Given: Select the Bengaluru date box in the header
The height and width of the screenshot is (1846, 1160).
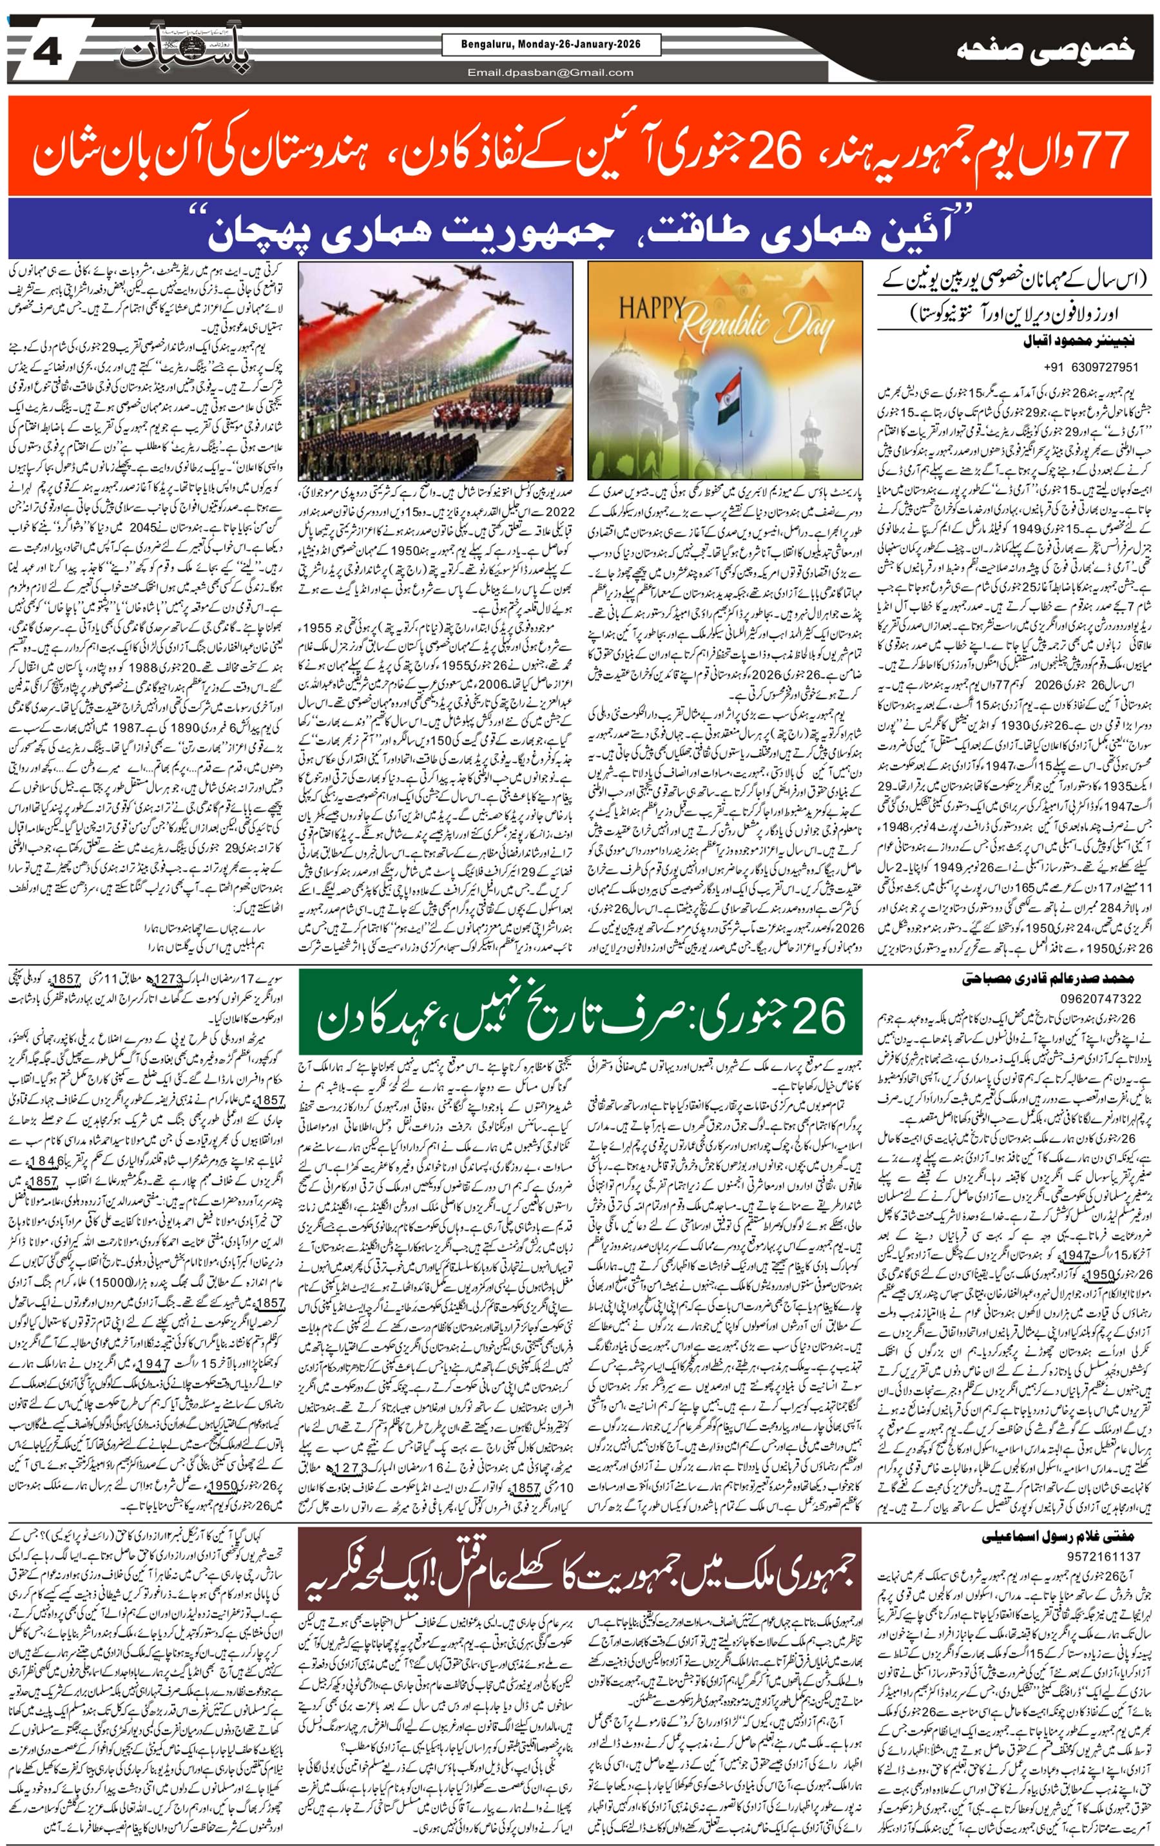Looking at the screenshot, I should (x=551, y=45).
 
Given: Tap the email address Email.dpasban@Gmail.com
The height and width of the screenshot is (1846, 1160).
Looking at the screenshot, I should (x=551, y=73).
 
